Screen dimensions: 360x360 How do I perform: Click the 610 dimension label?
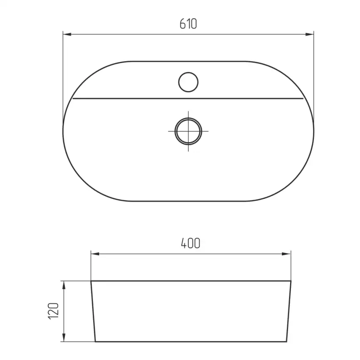(x=188, y=24)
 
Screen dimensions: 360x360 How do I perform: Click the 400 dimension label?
(x=190, y=243)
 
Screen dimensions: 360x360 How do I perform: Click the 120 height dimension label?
(x=54, y=311)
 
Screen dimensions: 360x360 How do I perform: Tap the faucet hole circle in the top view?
(x=188, y=82)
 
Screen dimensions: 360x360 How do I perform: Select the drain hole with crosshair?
(x=188, y=131)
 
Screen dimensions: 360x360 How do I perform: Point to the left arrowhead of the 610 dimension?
(x=67, y=35)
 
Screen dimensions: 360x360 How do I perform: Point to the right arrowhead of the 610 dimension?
(x=309, y=35)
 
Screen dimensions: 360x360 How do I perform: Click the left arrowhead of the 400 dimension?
(x=95, y=254)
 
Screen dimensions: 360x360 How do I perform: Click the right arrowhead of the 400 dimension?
(x=286, y=254)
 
